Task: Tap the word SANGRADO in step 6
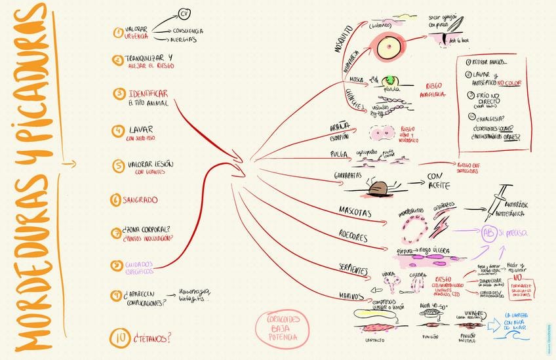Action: tap(139, 199)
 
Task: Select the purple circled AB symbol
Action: tap(488, 234)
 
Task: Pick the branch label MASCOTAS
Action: tap(355, 213)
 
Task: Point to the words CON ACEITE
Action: tap(443, 180)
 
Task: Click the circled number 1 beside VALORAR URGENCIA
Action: tap(118, 31)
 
